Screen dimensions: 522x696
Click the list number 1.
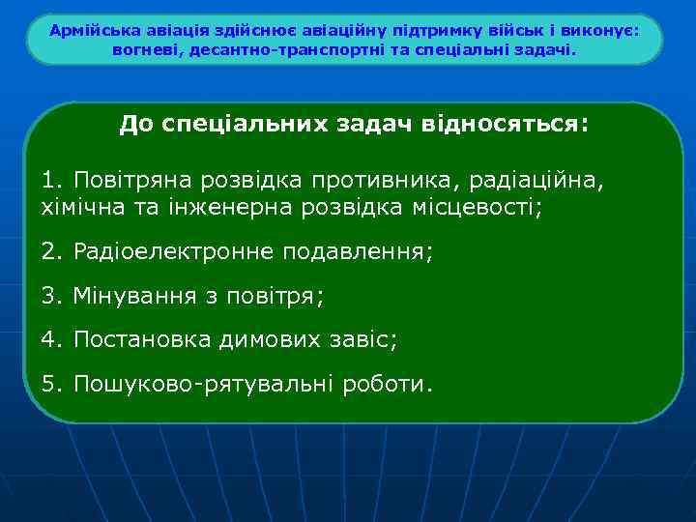click(x=49, y=181)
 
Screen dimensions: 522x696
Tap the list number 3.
click(x=49, y=297)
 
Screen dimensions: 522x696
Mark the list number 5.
click(x=49, y=385)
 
